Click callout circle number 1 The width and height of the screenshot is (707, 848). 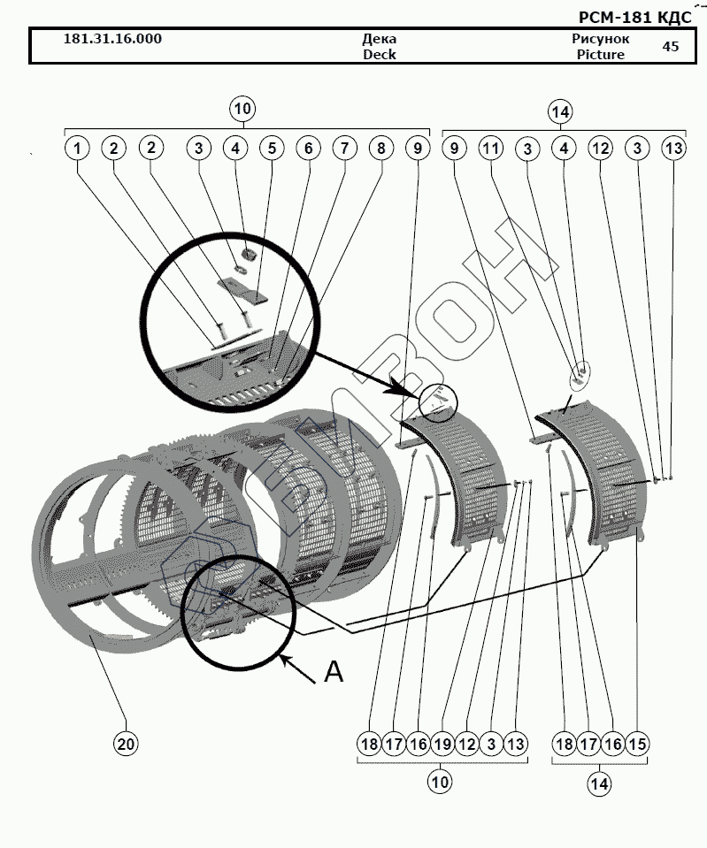click(78, 149)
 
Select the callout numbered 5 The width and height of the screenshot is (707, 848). click(271, 149)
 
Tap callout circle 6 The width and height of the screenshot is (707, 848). click(308, 149)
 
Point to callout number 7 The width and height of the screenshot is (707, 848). click(344, 149)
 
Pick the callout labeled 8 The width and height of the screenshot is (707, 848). click(381, 149)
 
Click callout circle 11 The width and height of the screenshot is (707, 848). click(490, 149)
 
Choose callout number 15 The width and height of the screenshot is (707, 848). click(637, 744)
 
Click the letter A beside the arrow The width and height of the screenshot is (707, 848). click(333, 673)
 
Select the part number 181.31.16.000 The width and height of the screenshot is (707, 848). click(113, 39)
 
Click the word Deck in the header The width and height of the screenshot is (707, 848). click(380, 55)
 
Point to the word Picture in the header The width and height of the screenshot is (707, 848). click(600, 55)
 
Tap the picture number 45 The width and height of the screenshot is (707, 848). click(671, 46)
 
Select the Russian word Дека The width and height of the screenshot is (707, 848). click(380, 39)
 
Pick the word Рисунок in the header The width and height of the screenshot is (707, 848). click(600, 39)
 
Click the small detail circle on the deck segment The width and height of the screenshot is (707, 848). click(439, 403)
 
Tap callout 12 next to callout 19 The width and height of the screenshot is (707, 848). click(466, 744)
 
